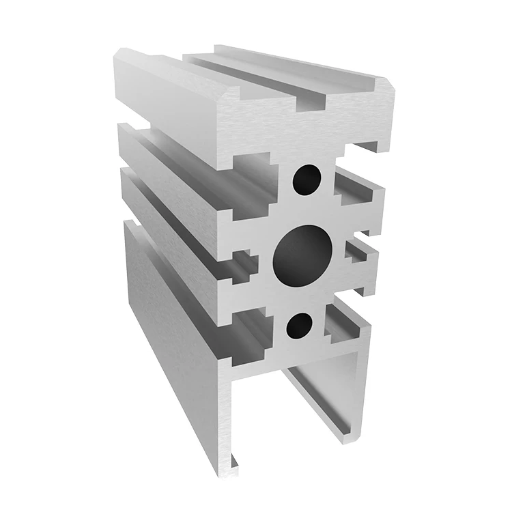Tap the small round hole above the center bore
pyautogui.click(x=308, y=180)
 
